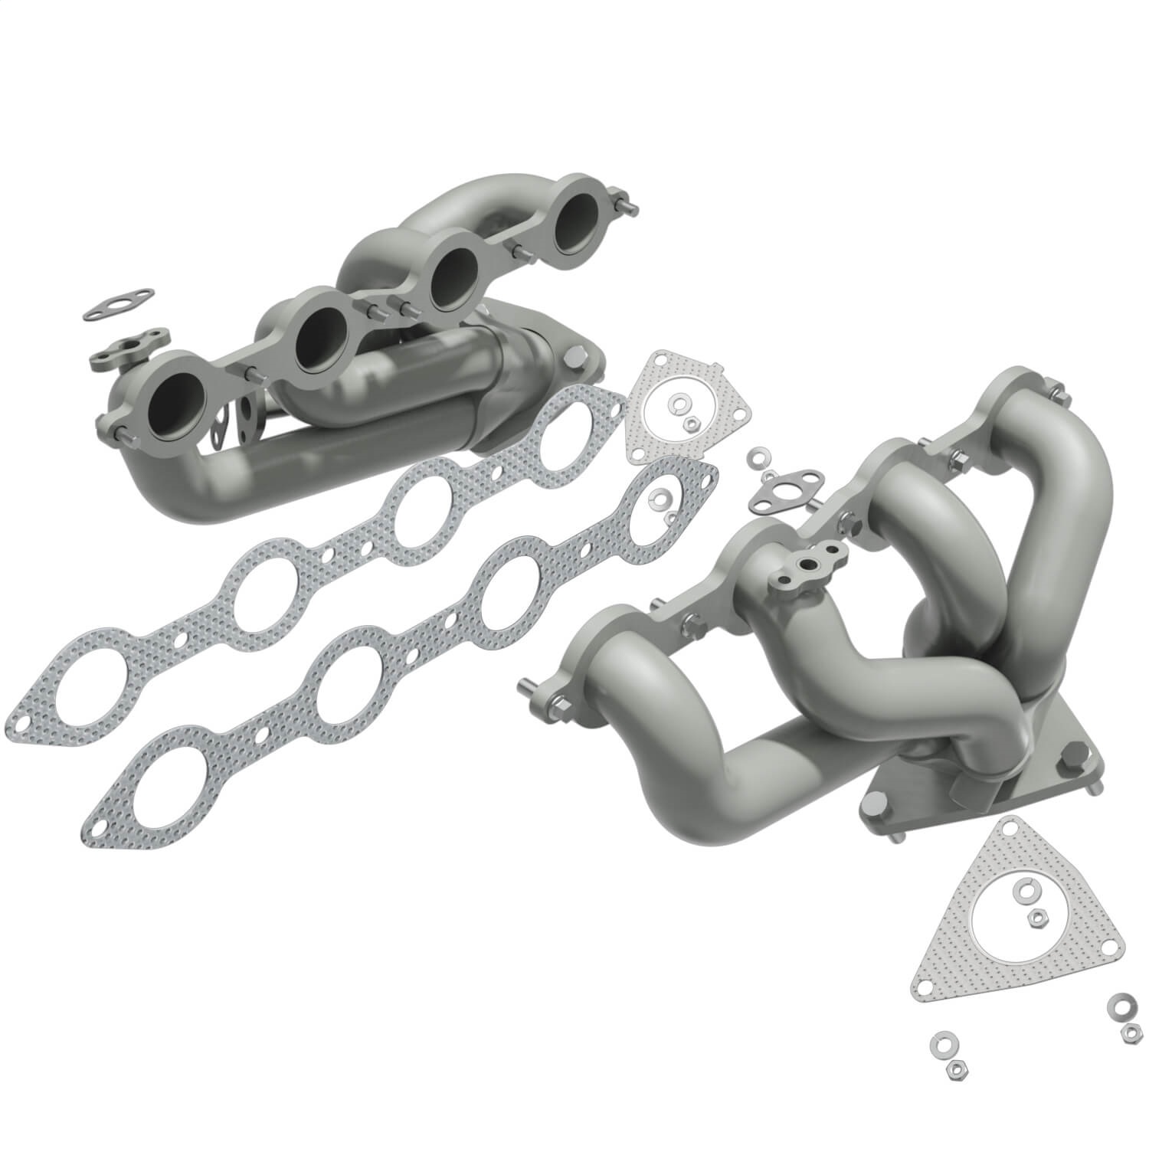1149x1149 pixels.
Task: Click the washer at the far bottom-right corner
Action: tap(1122, 1002)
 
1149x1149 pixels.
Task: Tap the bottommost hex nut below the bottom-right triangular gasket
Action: tap(955, 1067)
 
